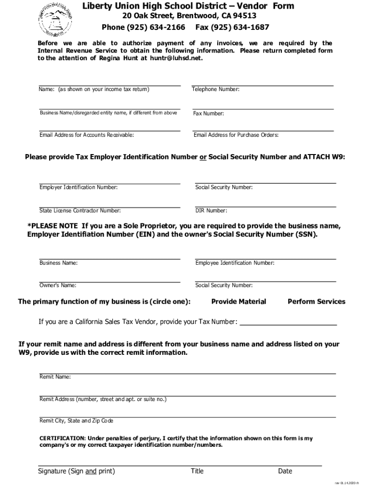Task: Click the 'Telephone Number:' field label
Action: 215,90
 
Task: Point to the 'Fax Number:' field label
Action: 208,114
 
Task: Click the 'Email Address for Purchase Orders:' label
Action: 236,135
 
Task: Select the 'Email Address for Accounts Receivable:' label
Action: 87,135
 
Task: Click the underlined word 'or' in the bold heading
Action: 203,157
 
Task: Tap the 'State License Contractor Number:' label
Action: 80,210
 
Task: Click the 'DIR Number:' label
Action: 211,210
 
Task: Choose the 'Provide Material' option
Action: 238,302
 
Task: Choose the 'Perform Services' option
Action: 316,302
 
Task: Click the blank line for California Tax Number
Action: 288,323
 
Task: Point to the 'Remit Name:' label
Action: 55,377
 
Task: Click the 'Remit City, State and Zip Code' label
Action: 76,421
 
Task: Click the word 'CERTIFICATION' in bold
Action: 62,439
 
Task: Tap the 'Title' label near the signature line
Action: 197,471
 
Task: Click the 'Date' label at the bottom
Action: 285,471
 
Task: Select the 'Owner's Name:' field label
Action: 58,285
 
